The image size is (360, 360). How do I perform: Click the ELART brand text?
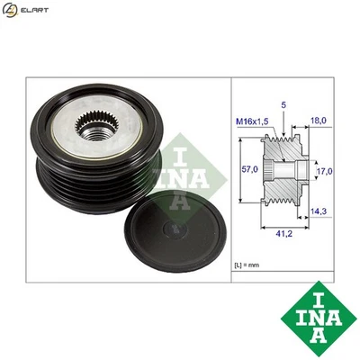pos(34,11)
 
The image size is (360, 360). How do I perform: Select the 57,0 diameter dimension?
pos(253,168)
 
